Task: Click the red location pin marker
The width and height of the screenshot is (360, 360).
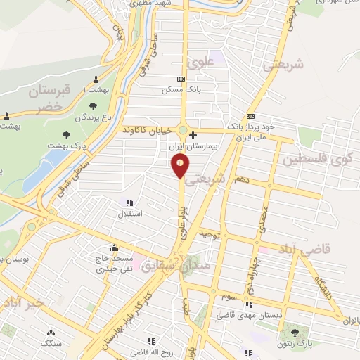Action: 181,167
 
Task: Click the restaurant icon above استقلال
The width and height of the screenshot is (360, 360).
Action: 129,202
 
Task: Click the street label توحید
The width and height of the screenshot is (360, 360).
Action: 211,232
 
